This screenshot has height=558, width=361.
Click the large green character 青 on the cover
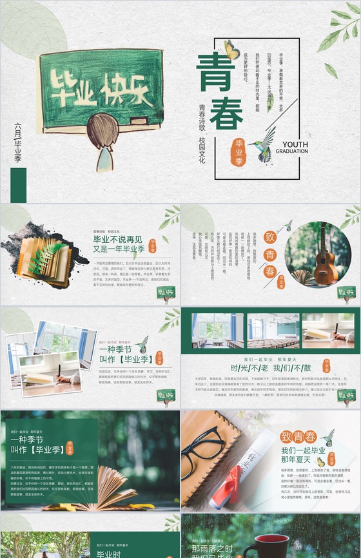click(215, 69)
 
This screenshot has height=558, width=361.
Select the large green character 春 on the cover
click(226, 112)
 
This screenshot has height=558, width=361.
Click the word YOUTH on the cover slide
click(295, 144)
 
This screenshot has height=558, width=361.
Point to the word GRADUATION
click(291, 151)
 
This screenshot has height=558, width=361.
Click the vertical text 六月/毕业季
click(18, 141)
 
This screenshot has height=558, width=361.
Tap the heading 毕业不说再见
click(119, 239)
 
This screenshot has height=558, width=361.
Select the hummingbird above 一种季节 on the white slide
click(142, 343)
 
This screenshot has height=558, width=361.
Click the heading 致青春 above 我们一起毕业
click(298, 436)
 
